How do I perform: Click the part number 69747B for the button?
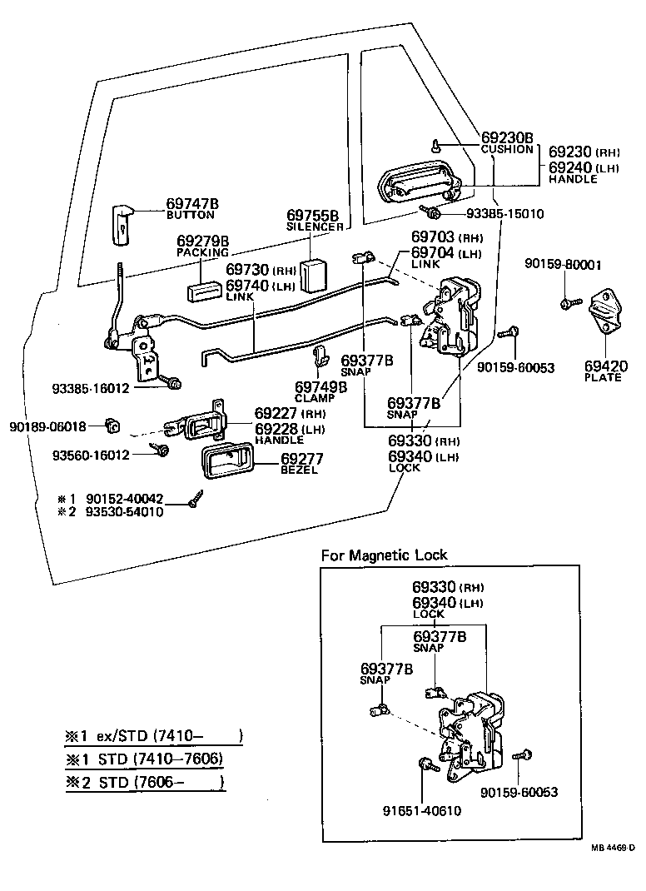tap(192, 203)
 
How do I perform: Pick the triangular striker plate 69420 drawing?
tap(605, 315)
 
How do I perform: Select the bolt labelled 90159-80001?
tap(568, 303)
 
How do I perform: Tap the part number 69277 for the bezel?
tap(301, 459)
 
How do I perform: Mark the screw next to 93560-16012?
tap(162, 450)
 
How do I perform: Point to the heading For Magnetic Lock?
tap(385, 555)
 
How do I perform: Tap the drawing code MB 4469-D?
tap(613, 848)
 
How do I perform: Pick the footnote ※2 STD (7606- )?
tap(145, 783)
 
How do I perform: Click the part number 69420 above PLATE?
tap(606, 366)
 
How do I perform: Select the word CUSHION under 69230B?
tap(507, 150)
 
